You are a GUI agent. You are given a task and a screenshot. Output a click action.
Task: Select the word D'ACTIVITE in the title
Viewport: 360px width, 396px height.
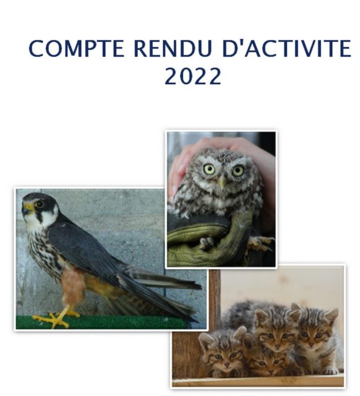[x=286, y=48]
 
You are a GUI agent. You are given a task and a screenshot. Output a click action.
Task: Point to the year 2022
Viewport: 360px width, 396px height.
[x=193, y=76]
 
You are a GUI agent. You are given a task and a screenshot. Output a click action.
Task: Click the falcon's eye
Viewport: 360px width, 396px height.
[x=40, y=204]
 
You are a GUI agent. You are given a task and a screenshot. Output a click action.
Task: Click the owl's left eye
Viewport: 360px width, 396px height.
[x=209, y=169]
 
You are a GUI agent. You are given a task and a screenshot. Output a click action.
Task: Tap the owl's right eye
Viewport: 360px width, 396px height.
[x=238, y=171]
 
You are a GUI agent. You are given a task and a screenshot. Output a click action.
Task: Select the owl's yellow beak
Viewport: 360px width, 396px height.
[x=222, y=181]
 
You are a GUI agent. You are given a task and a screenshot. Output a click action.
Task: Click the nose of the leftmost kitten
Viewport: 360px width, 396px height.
[x=226, y=364]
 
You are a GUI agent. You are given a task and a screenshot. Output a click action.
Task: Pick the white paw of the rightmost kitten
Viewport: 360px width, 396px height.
[x=331, y=371]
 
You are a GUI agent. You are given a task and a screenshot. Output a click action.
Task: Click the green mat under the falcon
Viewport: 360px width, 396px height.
[x=101, y=322]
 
